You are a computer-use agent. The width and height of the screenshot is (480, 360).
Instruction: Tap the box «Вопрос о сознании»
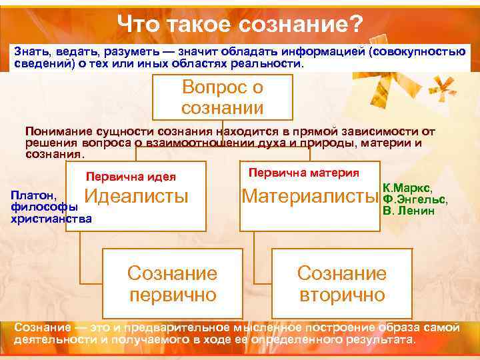point(223,97)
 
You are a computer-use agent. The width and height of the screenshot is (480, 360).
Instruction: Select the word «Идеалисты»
point(137,196)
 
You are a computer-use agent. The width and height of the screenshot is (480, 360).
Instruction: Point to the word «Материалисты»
point(308,196)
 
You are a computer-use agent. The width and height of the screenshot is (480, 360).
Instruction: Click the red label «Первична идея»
point(131,177)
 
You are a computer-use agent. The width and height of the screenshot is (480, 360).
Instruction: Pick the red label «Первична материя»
point(303,172)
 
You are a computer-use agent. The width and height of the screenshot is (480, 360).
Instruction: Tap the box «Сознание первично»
point(172,283)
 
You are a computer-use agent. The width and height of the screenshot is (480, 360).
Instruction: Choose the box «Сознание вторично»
point(341,283)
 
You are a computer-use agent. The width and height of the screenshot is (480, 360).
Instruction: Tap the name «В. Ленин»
point(409,211)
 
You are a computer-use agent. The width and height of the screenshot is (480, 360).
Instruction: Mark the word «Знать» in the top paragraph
point(31,53)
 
